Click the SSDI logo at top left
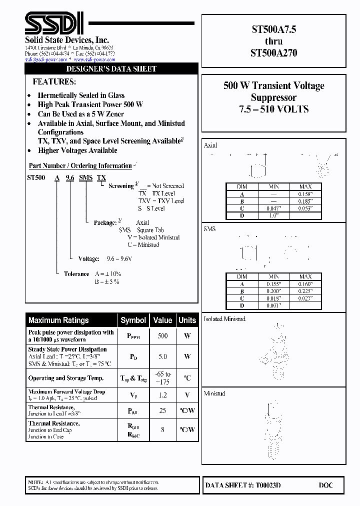click(x=54, y=22)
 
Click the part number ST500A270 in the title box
click(x=273, y=52)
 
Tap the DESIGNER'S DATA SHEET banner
click(x=111, y=69)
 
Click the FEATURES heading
click(x=54, y=81)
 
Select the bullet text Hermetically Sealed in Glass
click(x=81, y=95)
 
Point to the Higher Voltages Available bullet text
click(x=77, y=150)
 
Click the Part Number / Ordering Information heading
click(x=80, y=165)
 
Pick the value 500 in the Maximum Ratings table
click(x=162, y=336)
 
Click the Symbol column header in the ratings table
click(x=133, y=320)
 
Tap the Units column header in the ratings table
click(x=187, y=320)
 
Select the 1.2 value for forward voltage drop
click(x=162, y=395)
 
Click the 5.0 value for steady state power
click(x=162, y=357)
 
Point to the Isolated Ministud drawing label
click(x=224, y=319)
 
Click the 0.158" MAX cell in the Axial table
click(x=305, y=194)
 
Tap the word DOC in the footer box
click(x=325, y=485)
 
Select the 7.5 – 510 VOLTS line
click(x=273, y=109)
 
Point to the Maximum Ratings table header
click(x=58, y=320)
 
